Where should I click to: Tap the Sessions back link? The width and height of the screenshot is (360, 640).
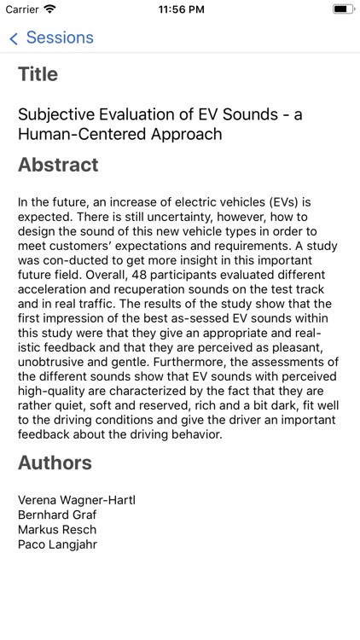point(59,38)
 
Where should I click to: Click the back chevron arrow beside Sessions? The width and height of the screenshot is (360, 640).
point(14,38)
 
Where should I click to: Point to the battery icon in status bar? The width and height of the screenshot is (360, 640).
point(343,9)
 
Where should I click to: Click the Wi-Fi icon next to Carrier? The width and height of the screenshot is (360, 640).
point(49,9)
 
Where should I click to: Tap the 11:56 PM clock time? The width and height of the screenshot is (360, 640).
point(180,9)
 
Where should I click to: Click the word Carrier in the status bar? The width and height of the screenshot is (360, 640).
point(22,9)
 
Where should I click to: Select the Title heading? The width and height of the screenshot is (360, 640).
point(38,74)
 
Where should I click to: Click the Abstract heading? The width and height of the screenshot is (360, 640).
point(58,165)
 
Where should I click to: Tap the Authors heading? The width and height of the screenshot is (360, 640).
point(55,463)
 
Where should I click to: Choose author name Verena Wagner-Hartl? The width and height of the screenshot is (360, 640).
point(77,500)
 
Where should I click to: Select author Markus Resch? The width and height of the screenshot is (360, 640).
point(57,529)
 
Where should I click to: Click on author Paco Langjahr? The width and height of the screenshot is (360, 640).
point(57,544)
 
